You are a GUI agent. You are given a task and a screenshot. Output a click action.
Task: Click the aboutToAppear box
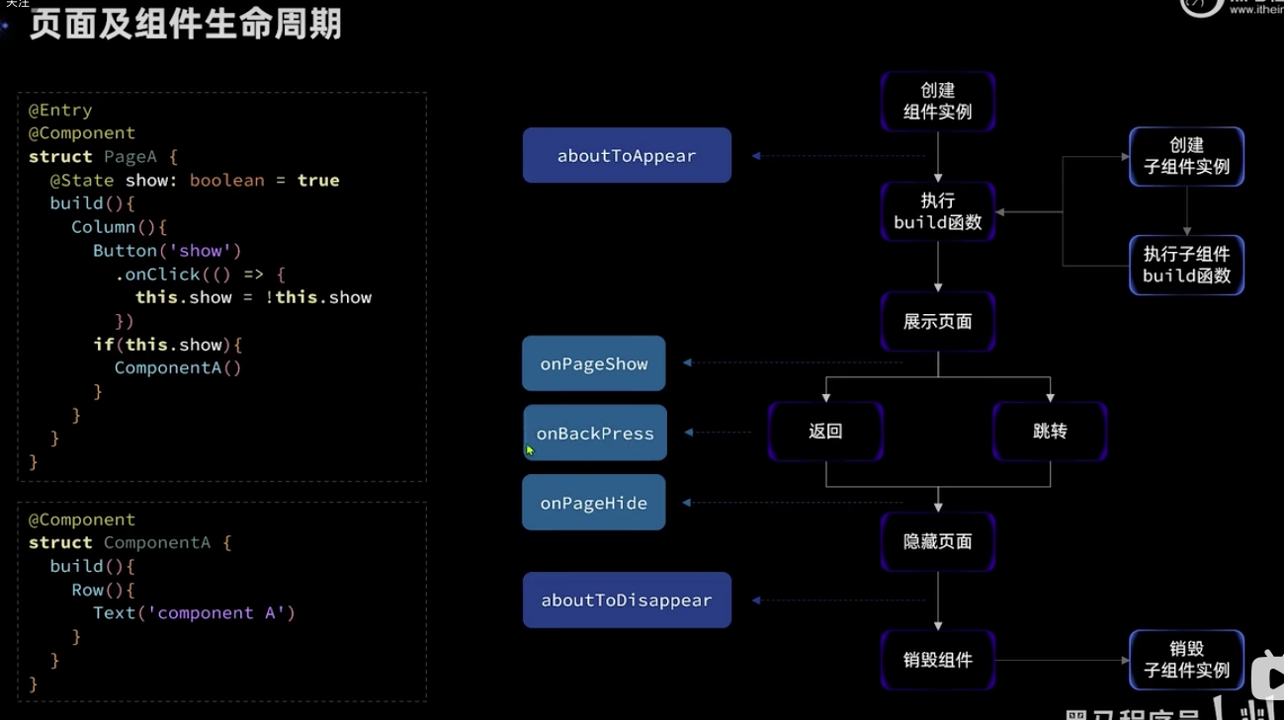click(x=627, y=156)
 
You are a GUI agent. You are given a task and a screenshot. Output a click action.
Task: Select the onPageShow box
click(x=593, y=363)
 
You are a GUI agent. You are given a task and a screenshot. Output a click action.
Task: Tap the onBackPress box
click(x=595, y=434)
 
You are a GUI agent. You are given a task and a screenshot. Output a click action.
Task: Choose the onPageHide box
click(x=593, y=503)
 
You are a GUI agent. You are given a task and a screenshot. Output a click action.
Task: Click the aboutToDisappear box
click(x=627, y=600)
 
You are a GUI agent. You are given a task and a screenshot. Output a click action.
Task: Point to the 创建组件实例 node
click(x=937, y=102)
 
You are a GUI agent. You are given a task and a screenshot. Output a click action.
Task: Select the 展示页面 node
click(x=937, y=322)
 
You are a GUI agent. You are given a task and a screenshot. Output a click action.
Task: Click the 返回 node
click(x=825, y=432)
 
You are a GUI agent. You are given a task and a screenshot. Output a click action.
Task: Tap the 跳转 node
click(x=1050, y=432)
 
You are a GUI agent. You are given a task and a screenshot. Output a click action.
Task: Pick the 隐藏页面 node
click(x=937, y=542)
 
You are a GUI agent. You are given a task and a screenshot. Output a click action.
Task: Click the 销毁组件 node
click(x=937, y=660)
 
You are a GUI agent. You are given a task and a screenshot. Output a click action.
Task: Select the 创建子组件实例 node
click(x=1186, y=156)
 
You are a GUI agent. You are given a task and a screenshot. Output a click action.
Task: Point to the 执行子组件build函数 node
click(x=1186, y=265)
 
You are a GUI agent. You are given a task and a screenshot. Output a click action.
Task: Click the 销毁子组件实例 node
click(x=1186, y=660)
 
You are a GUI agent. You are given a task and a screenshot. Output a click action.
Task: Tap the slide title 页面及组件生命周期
click(x=185, y=25)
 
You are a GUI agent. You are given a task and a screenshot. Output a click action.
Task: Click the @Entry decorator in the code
click(x=60, y=110)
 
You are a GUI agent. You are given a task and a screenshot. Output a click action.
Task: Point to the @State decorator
click(x=83, y=181)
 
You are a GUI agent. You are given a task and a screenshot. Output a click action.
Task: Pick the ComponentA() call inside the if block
click(x=178, y=368)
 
